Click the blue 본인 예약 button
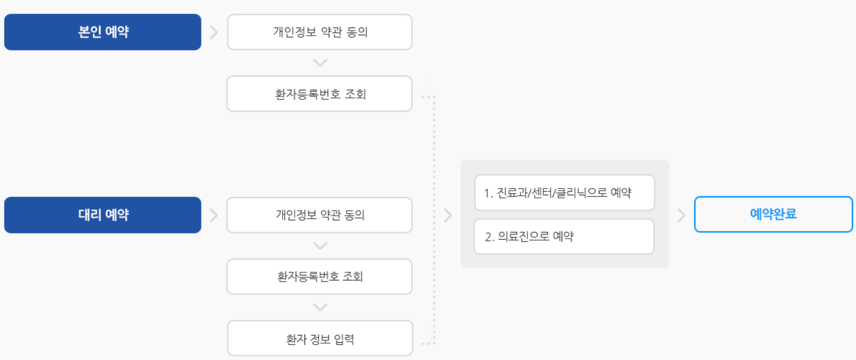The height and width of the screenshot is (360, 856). coord(103,32)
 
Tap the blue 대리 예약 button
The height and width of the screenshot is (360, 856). coord(103,215)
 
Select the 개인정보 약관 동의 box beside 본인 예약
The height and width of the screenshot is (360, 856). coord(320,32)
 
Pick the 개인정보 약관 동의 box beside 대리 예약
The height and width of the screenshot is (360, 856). coord(320,215)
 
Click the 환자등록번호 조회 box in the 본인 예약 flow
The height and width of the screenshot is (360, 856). coord(320,94)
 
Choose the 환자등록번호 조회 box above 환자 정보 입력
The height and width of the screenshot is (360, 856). coord(320,276)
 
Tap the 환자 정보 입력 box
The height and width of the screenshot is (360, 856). coord(320,339)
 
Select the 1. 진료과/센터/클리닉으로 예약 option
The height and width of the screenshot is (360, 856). coord(564,193)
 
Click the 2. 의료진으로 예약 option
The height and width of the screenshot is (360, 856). coord(564,237)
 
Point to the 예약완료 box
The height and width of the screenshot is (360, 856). coord(773,214)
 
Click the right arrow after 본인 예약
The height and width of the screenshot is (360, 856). coord(214,33)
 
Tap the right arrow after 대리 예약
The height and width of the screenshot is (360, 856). coord(214,215)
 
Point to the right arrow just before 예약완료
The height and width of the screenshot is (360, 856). coord(682,215)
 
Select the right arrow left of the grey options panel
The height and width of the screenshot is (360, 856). coord(448,215)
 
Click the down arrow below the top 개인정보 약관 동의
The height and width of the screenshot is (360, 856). coord(320,63)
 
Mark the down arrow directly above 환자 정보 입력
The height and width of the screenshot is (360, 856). coord(320,307)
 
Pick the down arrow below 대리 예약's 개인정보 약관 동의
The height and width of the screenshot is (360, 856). coord(320,246)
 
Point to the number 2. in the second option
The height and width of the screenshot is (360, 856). coord(489,237)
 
